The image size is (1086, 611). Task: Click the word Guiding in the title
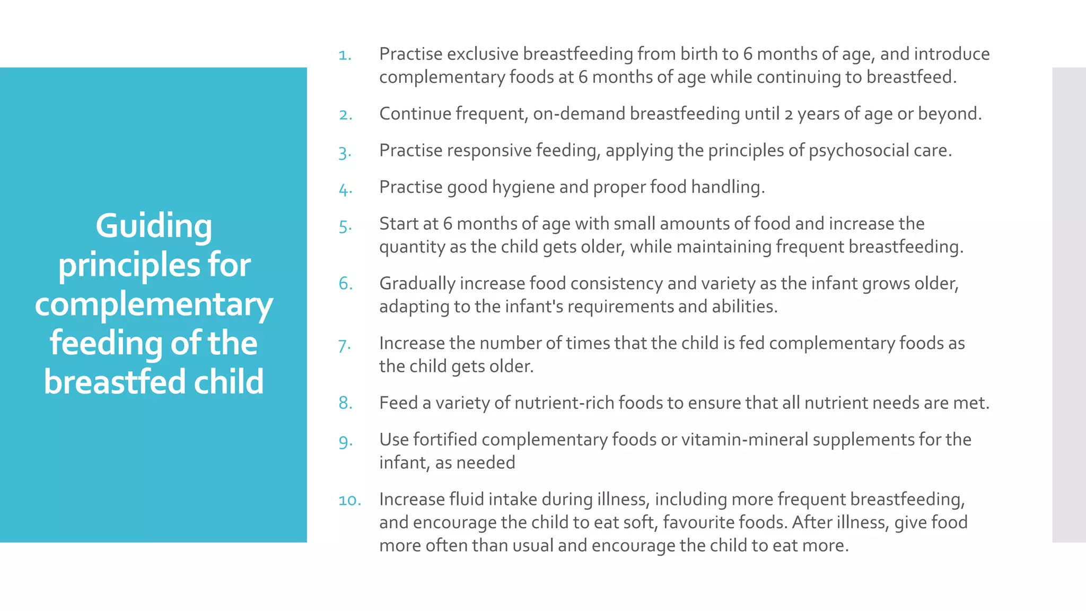[154, 226]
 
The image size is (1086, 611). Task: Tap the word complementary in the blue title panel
[154, 305]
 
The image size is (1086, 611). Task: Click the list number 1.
[345, 55]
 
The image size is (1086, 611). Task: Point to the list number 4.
[345, 189]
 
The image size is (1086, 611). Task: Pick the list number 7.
[344, 346]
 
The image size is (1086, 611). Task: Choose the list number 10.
[349, 500]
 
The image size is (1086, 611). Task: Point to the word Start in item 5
[398, 224]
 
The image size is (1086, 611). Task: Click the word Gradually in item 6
[417, 284]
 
